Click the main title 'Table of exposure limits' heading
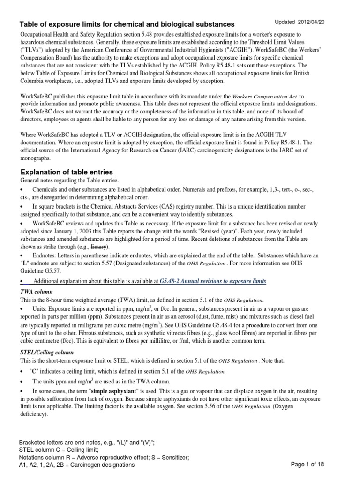point(127,24)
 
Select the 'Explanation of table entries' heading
point(66,172)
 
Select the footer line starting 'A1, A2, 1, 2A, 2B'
point(77,465)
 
